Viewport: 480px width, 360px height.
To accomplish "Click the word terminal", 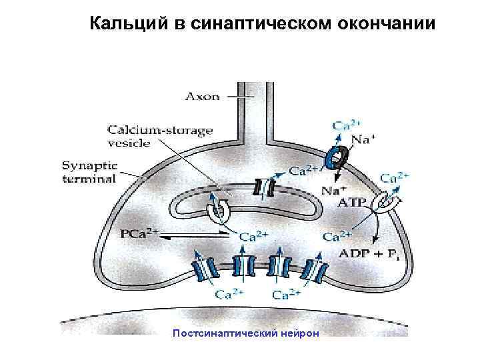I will pos(89,178).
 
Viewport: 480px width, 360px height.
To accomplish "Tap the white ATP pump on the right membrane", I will pos(386,202).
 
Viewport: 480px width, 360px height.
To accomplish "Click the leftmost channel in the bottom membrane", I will pos(205,269).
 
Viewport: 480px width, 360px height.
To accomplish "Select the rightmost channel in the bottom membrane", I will pos(313,269).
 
